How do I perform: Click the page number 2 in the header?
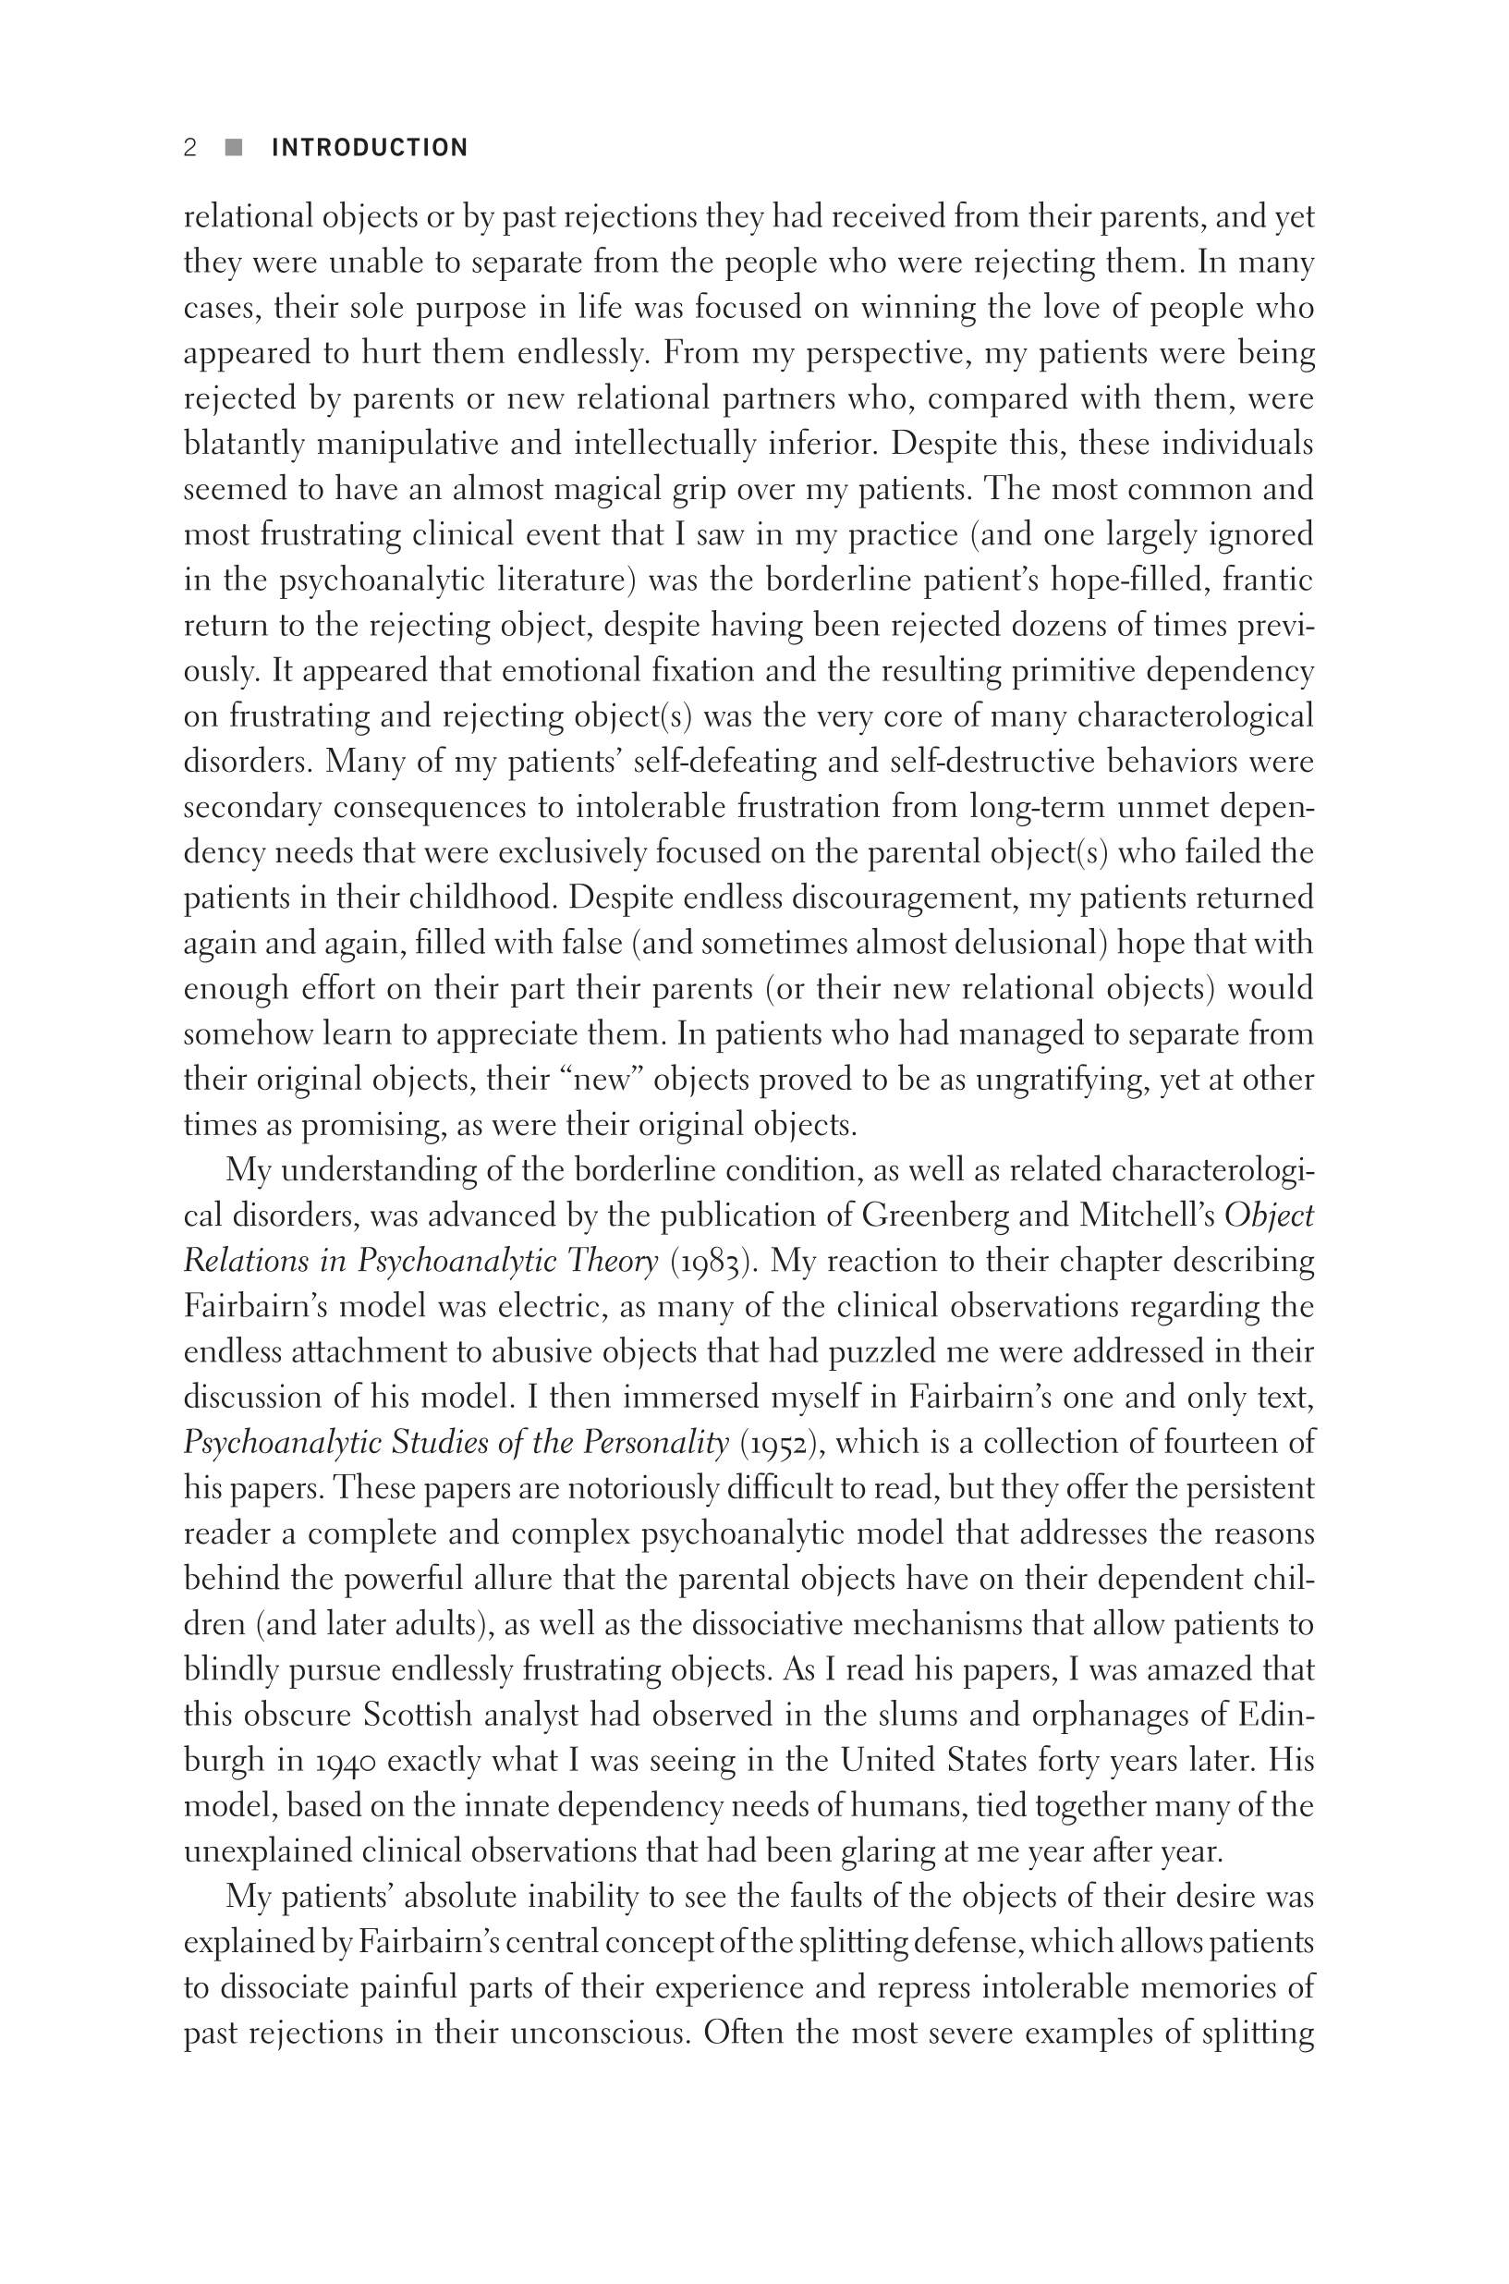(x=190, y=147)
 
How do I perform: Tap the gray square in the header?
(x=234, y=147)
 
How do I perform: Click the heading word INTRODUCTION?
(x=370, y=147)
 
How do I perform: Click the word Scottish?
(x=417, y=1716)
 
